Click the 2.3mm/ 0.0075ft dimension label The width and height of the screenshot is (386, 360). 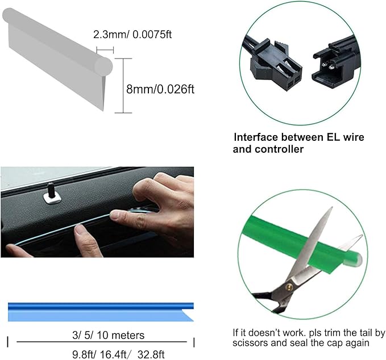point(132,35)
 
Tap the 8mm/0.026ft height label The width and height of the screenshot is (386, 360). point(160,89)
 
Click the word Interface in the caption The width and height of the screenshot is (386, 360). point(256,137)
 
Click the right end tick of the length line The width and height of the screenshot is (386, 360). point(194,341)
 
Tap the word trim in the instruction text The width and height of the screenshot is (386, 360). point(321,333)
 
